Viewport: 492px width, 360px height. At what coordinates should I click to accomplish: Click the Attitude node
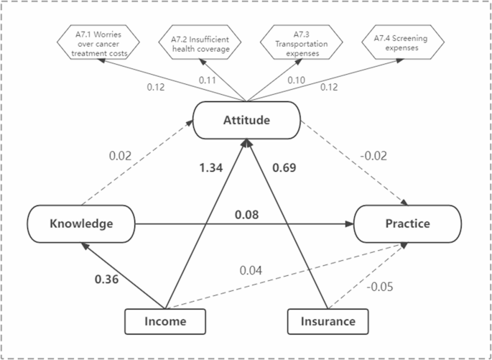pos(246,120)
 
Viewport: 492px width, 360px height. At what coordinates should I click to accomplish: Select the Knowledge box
pos(81,223)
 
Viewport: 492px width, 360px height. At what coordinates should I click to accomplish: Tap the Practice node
pos(407,223)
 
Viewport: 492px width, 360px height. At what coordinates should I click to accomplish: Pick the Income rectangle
pos(166,321)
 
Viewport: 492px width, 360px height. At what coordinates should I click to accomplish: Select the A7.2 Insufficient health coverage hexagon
pos(200,43)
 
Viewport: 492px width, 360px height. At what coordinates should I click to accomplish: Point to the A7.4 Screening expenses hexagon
pos(399,43)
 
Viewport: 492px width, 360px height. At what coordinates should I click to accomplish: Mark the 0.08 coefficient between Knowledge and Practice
pos(246,214)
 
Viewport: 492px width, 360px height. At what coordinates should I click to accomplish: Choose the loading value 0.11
pos(207,80)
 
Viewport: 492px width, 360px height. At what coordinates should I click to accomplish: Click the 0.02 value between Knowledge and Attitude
pos(120,154)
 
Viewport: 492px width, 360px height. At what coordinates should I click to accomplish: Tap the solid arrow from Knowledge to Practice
pos(302,223)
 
